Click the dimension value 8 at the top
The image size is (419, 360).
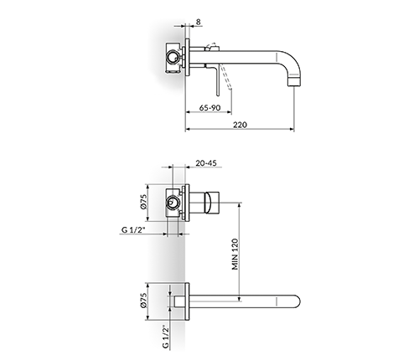coord(199,22)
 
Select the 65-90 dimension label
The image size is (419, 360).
coord(209,108)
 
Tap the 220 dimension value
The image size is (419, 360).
coord(240,125)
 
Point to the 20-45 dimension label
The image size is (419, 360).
coord(206,163)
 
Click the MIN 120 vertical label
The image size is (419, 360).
coord(235,254)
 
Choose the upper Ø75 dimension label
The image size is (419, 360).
coord(143,202)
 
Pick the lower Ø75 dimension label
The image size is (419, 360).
coord(143,301)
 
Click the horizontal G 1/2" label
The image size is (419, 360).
coord(133,230)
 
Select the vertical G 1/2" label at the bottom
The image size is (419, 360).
coord(166,337)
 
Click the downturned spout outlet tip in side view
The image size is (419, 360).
coord(294,81)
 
